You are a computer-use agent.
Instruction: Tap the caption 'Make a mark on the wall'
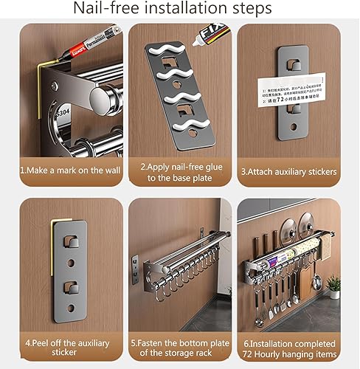pos(66,172)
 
